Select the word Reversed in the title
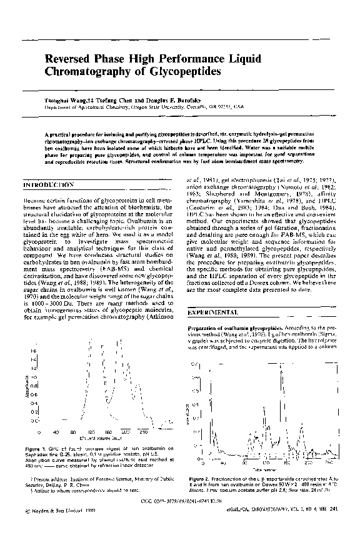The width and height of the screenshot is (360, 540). click(67, 59)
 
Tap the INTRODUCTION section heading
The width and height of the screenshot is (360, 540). click(49, 186)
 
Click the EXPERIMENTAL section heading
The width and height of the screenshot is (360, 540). click(214, 312)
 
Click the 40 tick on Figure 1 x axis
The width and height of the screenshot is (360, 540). click(56, 432)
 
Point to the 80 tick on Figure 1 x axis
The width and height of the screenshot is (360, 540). click(73, 432)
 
